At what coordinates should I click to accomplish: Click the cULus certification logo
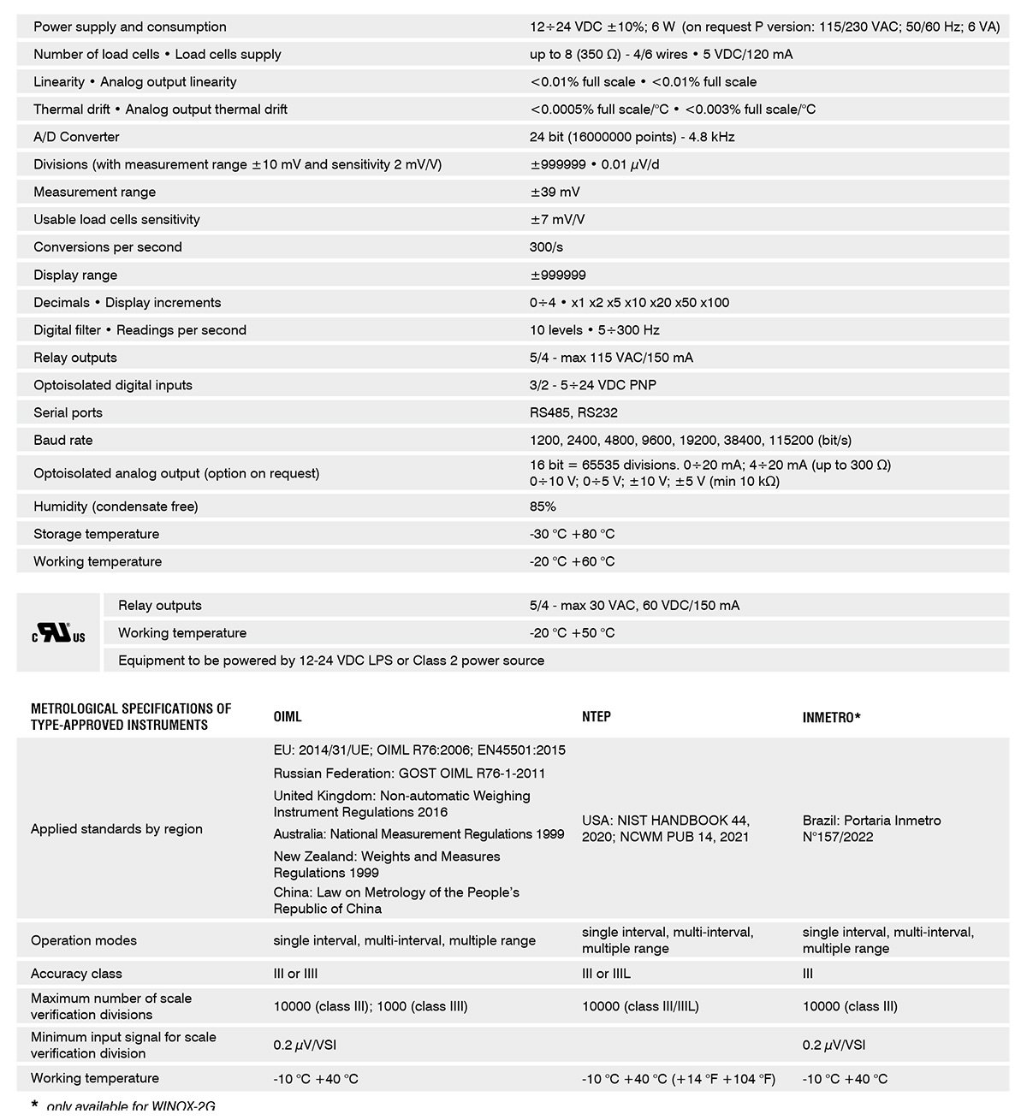pyautogui.click(x=59, y=634)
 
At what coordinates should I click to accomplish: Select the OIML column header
pyautogui.click(x=288, y=717)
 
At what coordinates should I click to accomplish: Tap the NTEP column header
pyautogui.click(x=597, y=717)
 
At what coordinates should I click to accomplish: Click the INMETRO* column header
pyautogui.click(x=831, y=717)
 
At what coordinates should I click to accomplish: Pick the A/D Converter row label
pyautogui.click(x=76, y=137)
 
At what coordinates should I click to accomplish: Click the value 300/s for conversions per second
pyautogui.click(x=546, y=247)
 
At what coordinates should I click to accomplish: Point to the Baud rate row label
pyautogui.click(x=63, y=441)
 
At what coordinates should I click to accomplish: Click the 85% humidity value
pyautogui.click(x=543, y=507)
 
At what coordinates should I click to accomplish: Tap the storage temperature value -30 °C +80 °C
pyautogui.click(x=572, y=534)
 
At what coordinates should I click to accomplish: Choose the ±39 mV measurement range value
pyautogui.click(x=555, y=193)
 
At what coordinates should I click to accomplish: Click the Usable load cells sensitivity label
pyautogui.click(x=116, y=220)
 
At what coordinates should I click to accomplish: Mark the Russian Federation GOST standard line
pyautogui.click(x=409, y=773)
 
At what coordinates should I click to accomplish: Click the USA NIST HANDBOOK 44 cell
pyautogui.click(x=665, y=828)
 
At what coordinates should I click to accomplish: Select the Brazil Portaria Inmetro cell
pyautogui.click(x=871, y=828)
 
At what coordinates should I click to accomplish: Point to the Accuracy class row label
pyautogui.click(x=76, y=974)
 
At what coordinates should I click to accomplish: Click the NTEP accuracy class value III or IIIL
pyautogui.click(x=606, y=974)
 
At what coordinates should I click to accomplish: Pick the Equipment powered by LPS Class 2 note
pyautogui.click(x=330, y=661)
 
